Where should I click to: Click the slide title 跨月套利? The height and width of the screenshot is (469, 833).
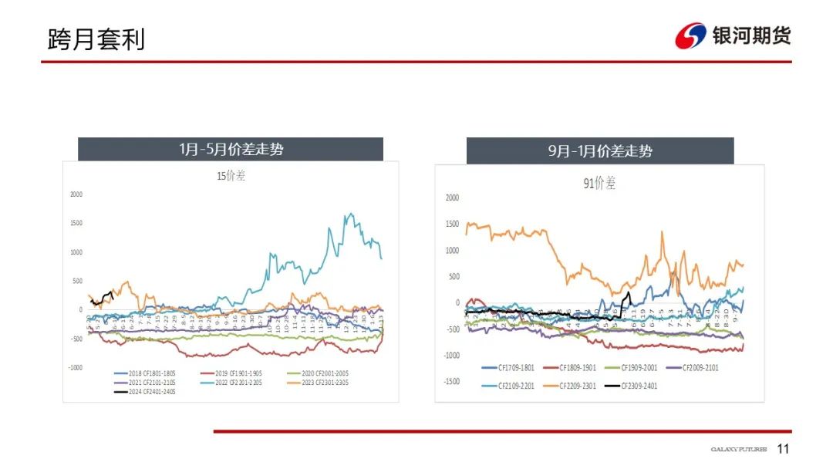point(96,39)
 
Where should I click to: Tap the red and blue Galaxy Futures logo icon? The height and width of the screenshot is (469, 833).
point(690,35)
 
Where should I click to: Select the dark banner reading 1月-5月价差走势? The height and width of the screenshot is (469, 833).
point(231,149)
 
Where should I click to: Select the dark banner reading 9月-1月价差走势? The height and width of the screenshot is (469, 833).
point(600,151)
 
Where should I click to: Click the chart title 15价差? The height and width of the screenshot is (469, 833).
point(231,176)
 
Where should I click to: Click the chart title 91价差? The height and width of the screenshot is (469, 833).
point(599,184)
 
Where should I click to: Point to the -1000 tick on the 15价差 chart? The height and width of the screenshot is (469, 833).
point(74,368)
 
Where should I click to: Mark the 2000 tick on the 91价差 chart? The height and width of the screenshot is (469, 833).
point(452,197)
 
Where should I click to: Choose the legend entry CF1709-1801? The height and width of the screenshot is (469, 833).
point(511,367)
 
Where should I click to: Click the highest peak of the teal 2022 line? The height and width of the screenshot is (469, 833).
point(351,214)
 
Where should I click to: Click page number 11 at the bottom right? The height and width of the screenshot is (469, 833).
point(784,450)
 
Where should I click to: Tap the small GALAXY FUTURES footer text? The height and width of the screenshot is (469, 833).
point(738,450)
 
